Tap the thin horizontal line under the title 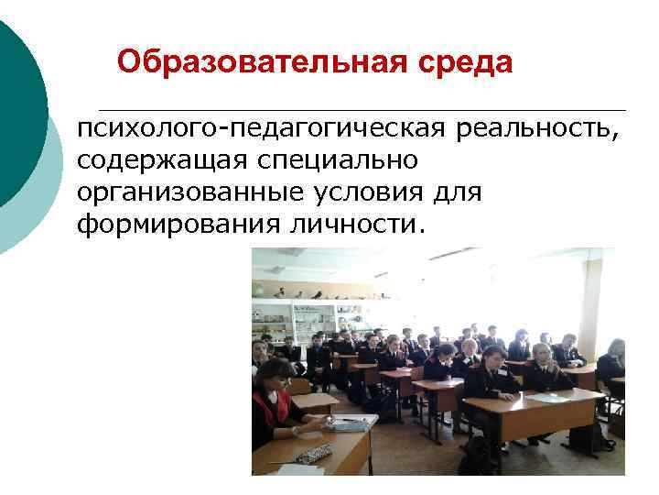click(x=366, y=109)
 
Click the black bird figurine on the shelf click(x=317, y=295)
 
